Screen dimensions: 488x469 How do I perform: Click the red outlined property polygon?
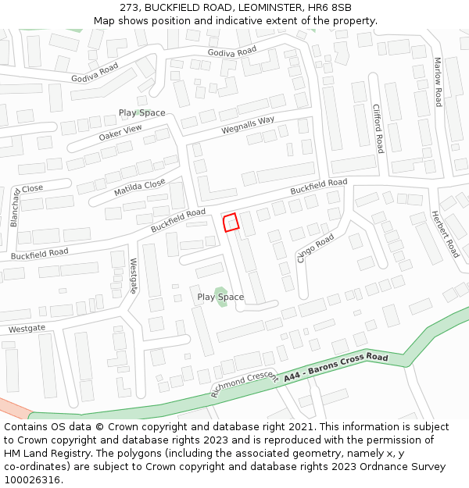coord(231,223)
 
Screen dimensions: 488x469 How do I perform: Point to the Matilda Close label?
coord(140,187)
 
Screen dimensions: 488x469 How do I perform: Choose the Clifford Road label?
coord(378,128)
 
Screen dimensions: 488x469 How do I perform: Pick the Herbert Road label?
coord(445,234)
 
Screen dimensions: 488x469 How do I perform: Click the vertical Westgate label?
coord(134,276)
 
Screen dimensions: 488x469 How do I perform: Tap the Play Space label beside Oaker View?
coord(141,113)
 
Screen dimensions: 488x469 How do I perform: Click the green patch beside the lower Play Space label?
coord(221,297)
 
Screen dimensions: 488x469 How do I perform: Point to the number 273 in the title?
coord(130,8)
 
